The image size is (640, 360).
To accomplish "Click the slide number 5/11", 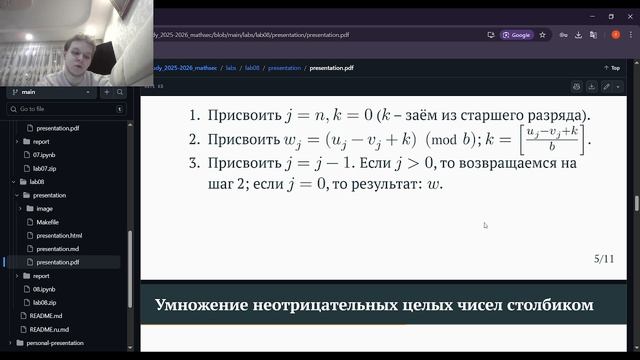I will coord(603,259).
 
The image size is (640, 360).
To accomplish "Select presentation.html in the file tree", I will coord(59,235).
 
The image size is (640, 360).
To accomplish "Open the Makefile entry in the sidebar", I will coord(50,222).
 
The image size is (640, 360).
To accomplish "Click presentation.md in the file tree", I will coord(58,248).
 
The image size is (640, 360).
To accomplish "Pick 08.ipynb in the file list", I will coord(46,288).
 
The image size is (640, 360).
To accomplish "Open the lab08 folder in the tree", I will coord(37,182).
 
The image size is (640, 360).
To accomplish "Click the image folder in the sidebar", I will coord(45,208).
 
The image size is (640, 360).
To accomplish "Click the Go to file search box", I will coord(70,108).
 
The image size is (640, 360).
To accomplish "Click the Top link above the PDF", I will coord(614,68).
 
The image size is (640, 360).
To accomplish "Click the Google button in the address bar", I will coord(517,34).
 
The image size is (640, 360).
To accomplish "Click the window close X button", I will coord(629,16).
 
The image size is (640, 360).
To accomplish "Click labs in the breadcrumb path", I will coord(232,68).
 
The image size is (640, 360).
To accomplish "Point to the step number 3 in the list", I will coord(193,162).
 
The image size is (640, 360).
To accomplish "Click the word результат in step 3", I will coord(384,184).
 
